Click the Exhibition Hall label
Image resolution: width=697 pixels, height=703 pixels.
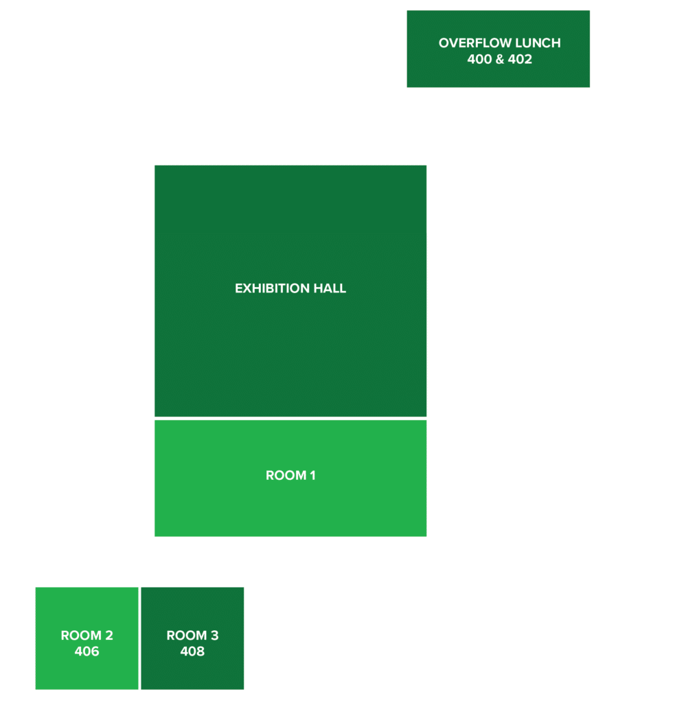(x=290, y=288)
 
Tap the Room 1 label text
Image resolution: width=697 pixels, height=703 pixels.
(x=290, y=475)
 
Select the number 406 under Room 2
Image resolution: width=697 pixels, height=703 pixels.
(x=87, y=651)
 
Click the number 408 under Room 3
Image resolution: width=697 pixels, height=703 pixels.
(x=192, y=651)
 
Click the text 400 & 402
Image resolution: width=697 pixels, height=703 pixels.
(x=499, y=59)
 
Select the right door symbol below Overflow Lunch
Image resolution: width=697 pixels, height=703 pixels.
(x=492, y=93)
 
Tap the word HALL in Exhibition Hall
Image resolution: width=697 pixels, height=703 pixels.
(x=331, y=288)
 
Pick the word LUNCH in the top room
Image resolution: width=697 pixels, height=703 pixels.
(x=536, y=43)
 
